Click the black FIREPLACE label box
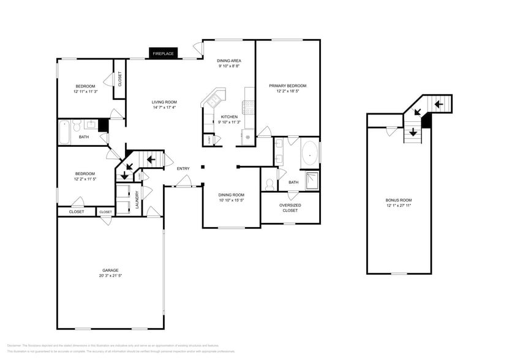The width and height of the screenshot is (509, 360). [x=164, y=54]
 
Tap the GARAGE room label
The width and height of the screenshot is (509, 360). [x=110, y=270]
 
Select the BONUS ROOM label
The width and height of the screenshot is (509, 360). [x=398, y=200]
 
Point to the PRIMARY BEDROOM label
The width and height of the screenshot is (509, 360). [x=287, y=86]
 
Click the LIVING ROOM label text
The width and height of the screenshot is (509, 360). [x=164, y=102]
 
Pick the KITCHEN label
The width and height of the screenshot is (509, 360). [x=229, y=116]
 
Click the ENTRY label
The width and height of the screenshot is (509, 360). [x=183, y=168]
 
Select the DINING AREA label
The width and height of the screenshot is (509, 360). [x=228, y=61]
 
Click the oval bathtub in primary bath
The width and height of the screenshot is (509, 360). [x=309, y=154]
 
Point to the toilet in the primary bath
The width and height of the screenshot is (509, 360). [x=268, y=184]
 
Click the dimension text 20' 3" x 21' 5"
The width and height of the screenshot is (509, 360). [x=110, y=276]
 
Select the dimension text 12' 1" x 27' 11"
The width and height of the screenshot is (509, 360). [x=398, y=206]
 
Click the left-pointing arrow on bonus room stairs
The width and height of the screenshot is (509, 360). [x=439, y=104]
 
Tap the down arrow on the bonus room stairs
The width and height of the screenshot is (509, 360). [x=413, y=132]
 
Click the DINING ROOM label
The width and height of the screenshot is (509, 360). [x=231, y=195]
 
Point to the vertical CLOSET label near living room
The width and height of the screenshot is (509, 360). [x=119, y=78]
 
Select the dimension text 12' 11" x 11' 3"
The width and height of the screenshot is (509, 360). [x=85, y=91]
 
